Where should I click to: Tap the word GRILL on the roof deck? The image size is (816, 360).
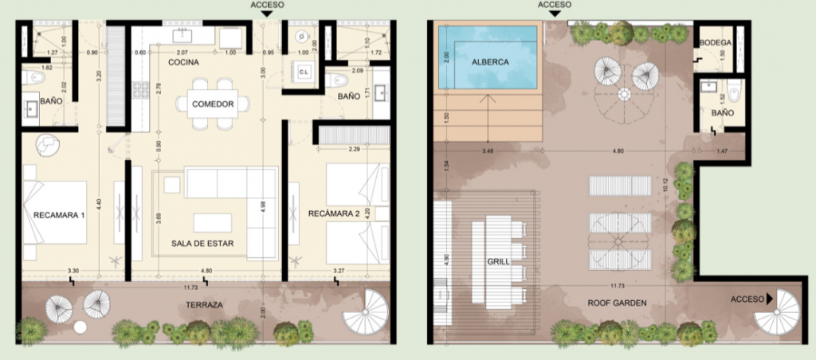(498, 260)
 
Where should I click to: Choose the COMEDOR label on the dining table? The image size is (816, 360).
(213, 104)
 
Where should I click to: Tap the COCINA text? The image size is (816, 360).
(183, 62)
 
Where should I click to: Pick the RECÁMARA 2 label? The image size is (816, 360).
(328, 214)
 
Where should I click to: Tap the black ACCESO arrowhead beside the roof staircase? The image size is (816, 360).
(770, 300)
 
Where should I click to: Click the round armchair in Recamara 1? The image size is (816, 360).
(46, 144)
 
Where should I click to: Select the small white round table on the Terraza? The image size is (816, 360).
(80, 328)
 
